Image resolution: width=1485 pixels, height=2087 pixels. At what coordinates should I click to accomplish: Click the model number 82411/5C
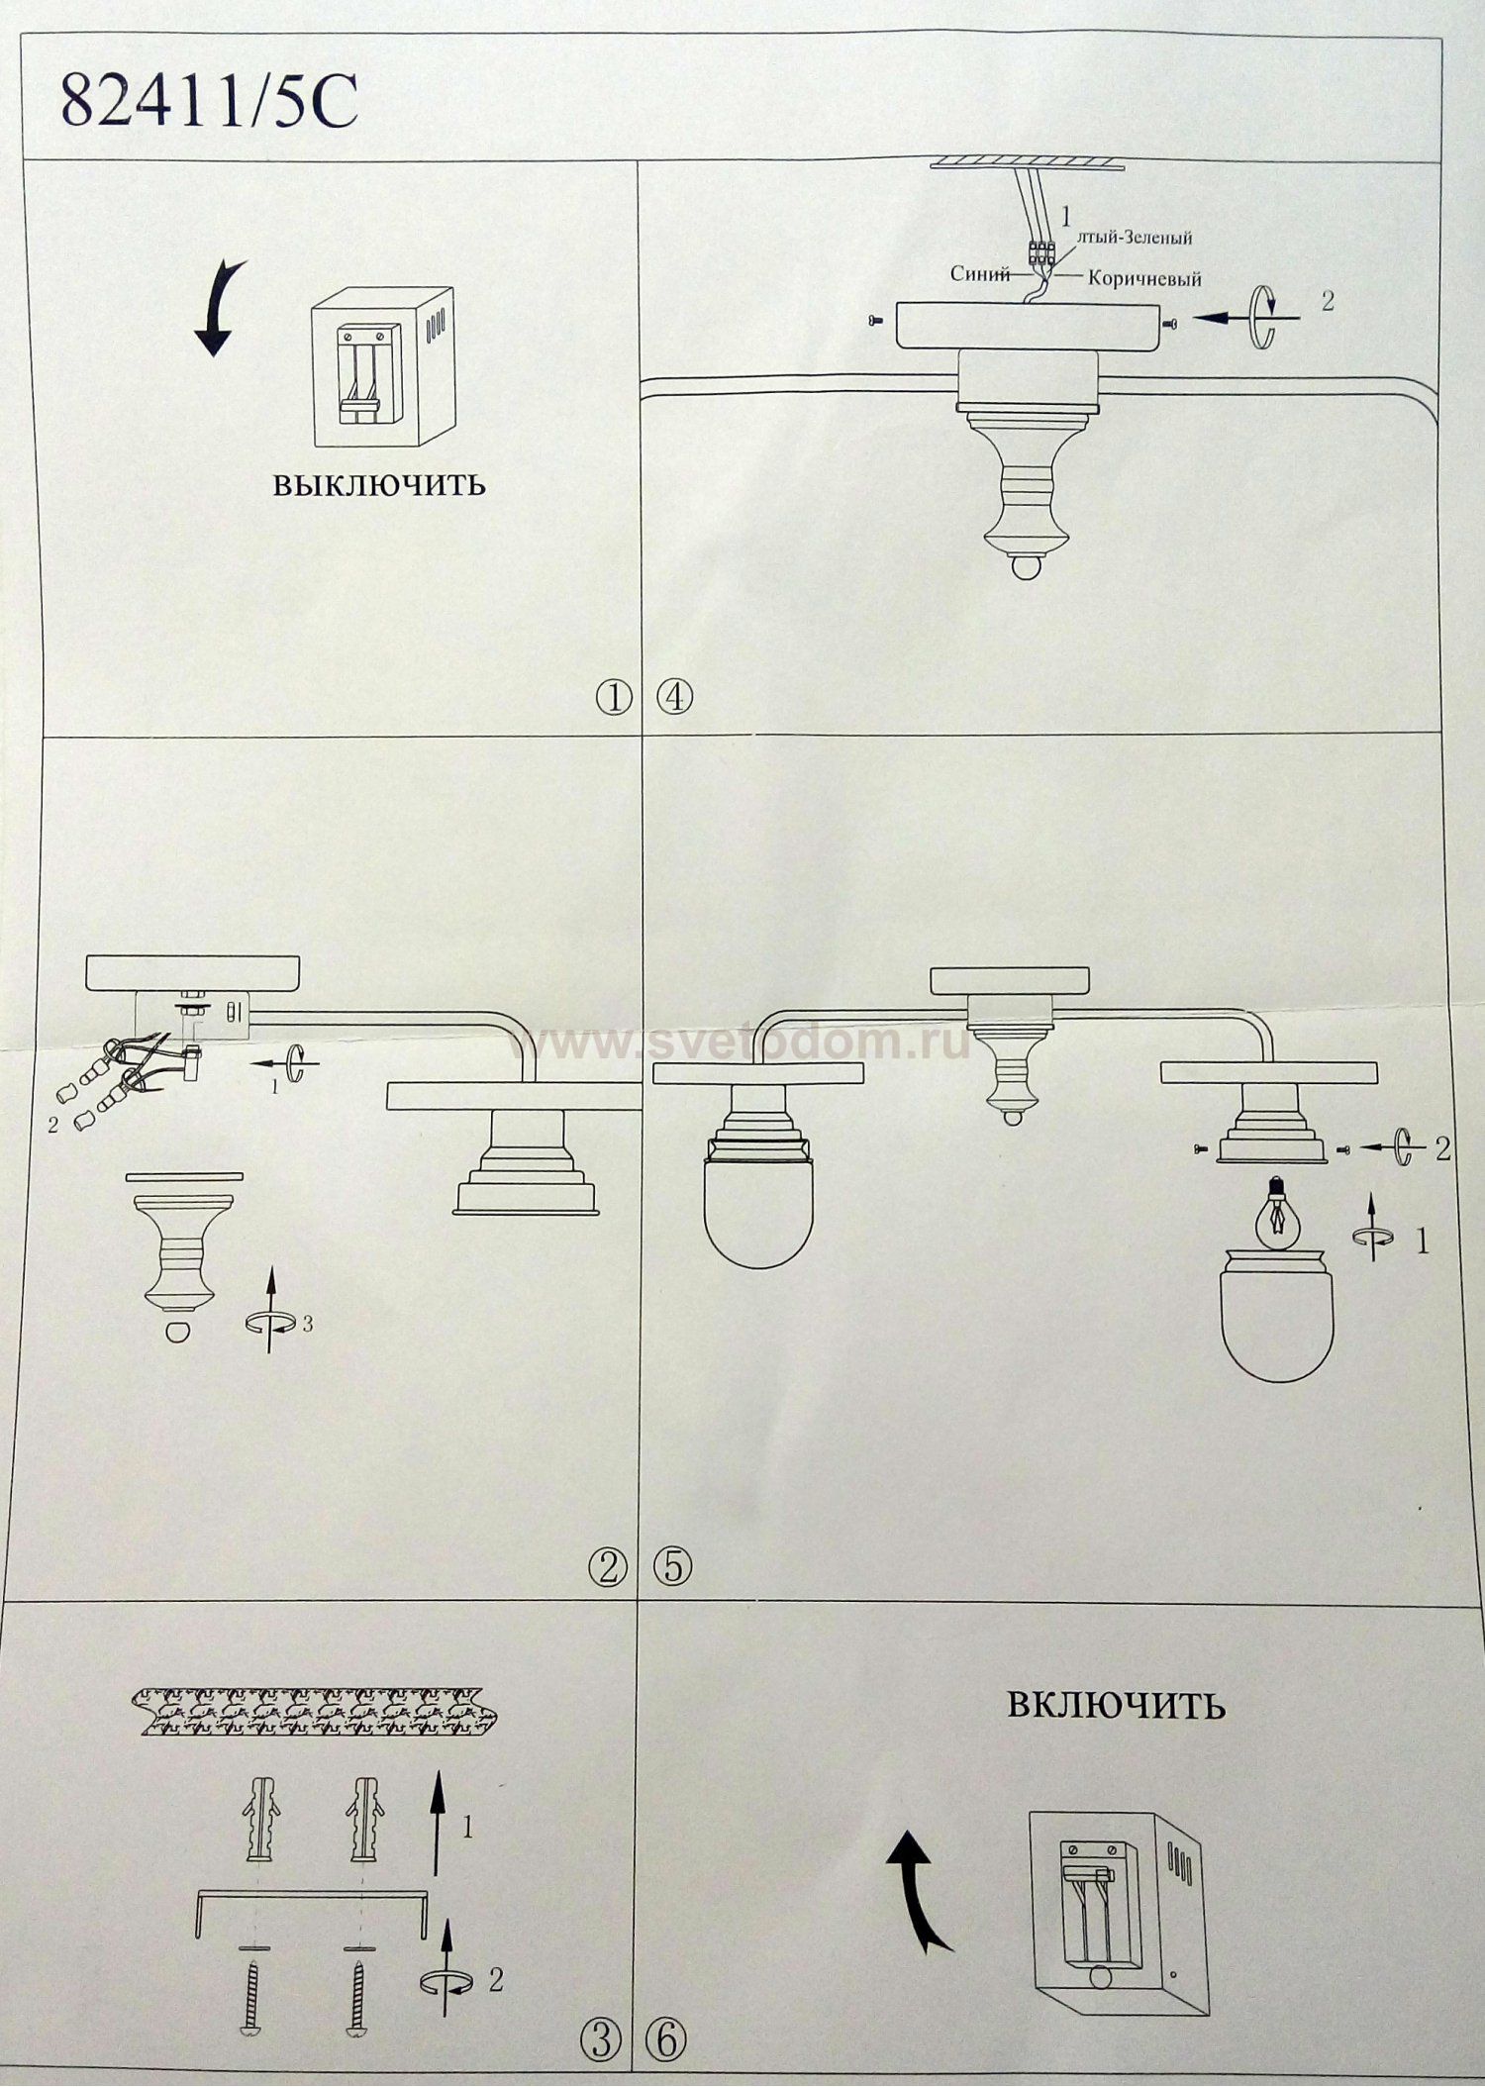tap(209, 103)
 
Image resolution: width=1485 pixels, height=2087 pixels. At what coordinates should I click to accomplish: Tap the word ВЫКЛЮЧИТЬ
tap(379, 485)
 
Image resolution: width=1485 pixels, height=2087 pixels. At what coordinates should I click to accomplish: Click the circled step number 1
tap(614, 699)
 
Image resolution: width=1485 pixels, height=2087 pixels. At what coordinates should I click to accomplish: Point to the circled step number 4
tap(675, 699)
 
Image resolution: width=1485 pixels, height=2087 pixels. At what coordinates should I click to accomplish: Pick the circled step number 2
tap(608, 1566)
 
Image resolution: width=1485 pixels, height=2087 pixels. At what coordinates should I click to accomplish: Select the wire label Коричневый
tap(1144, 278)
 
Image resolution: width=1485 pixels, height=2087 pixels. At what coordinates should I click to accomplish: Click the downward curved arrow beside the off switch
tap(217, 308)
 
